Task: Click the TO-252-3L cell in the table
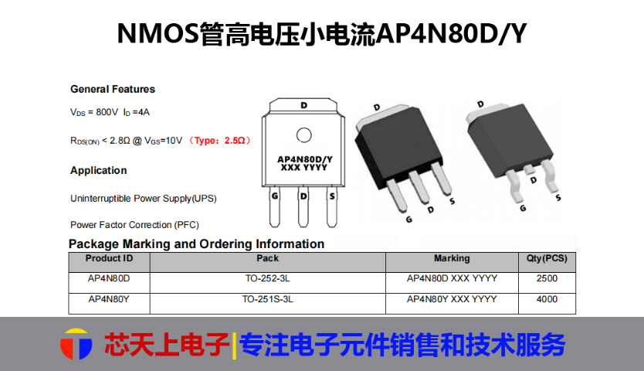pyautogui.click(x=267, y=278)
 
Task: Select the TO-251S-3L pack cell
pyautogui.click(x=267, y=299)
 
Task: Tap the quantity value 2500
pyautogui.click(x=547, y=278)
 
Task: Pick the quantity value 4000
pyautogui.click(x=547, y=299)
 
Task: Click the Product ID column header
pyautogui.click(x=109, y=258)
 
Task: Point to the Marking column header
pyautogui.click(x=452, y=258)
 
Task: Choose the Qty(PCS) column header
pyautogui.click(x=547, y=258)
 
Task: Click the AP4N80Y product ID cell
pyautogui.click(x=109, y=299)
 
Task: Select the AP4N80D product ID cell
pyautogui.click(x=109, y=278)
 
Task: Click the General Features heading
pyautogui.click(x=113, y=89)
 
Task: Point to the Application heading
pyautogui.click(x=99, y=170)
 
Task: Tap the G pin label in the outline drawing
pyautogui.click(x=274, y=196)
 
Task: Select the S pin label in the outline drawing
pyautogui.click(x=332, y=196)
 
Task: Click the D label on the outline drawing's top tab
pyautogui.click(x=304, y=105)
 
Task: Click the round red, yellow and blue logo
pyautogui.click(x=76, y=344)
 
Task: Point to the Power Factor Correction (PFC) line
pyautogui.click(x=134, y=225)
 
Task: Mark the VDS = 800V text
pyautogui.click(x=94, y=112)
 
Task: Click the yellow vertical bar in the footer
pyautogui.click(x=234, y=345)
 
